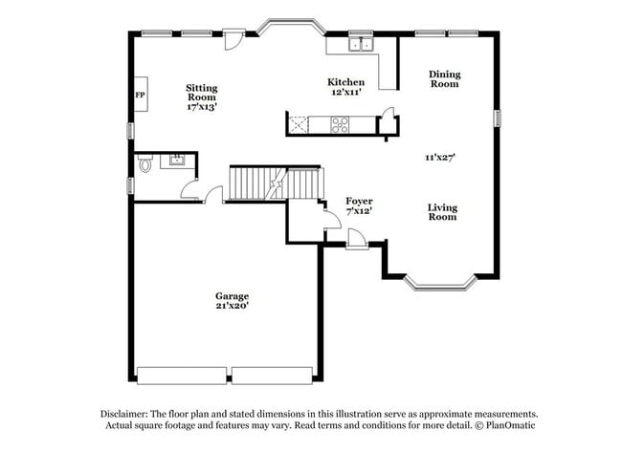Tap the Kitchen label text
(345, 82)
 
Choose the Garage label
(232, 296)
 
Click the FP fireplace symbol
(140, 96)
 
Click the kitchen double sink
(361, 44)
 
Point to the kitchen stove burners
(341, 122)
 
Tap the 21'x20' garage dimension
(232, 307)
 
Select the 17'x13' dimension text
(201, 107)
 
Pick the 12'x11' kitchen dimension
(345, 93)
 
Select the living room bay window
(440, 281)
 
